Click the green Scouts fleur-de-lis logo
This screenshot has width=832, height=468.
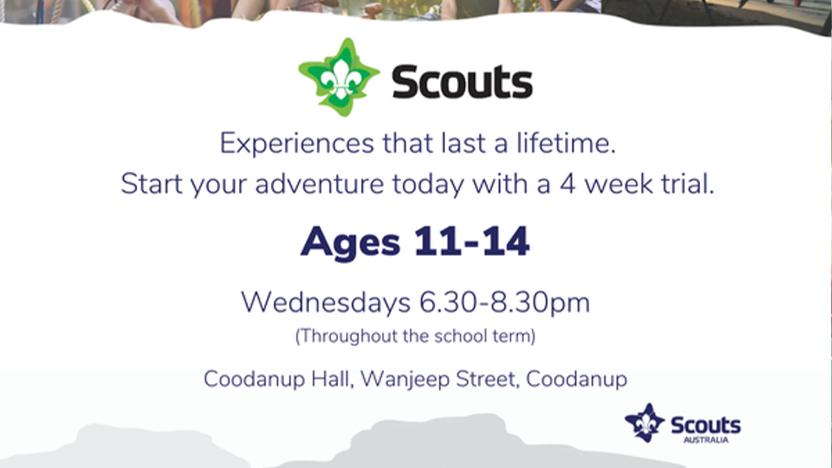[x=339, y=77]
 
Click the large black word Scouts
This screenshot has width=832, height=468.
[x=462, y=82]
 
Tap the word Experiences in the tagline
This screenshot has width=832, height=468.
[x=297, y=144]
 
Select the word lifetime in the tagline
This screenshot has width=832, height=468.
[x=566, y=143]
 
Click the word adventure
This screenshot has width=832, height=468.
[x=319, y=183]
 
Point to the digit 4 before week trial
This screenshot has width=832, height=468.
[x=567, y=184]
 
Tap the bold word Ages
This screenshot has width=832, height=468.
[x=350, y=243]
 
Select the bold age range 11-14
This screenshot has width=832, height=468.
[x=472, y=241]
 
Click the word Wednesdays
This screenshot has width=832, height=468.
[x=326, y=302]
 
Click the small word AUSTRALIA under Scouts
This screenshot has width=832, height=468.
[x=706, y=440]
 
